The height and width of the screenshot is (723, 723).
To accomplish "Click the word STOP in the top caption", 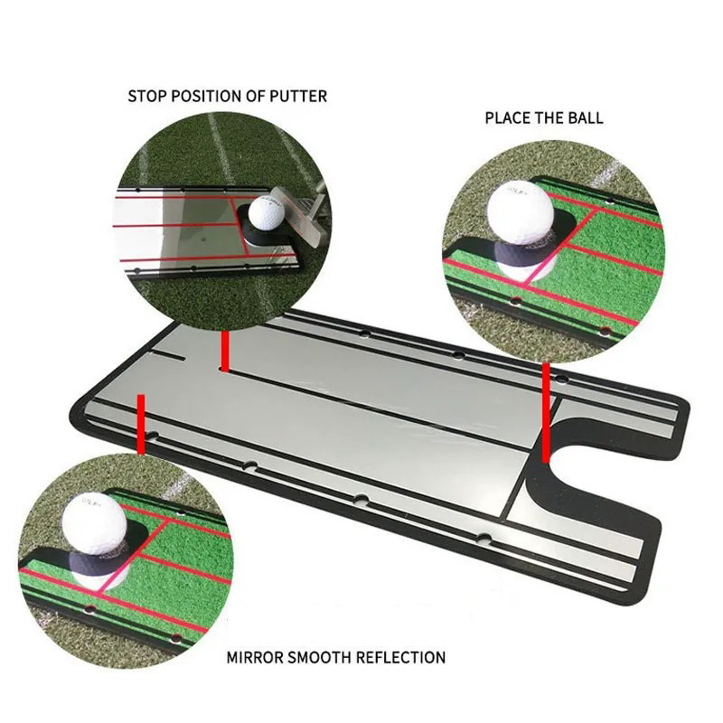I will pos(146,96).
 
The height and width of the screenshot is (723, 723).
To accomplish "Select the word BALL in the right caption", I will pos(585,117).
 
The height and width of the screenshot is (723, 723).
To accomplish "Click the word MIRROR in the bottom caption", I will pos(256,657).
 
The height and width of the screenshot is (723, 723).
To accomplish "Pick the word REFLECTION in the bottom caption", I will pos(403,657).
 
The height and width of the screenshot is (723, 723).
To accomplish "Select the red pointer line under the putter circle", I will pos(223,349).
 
